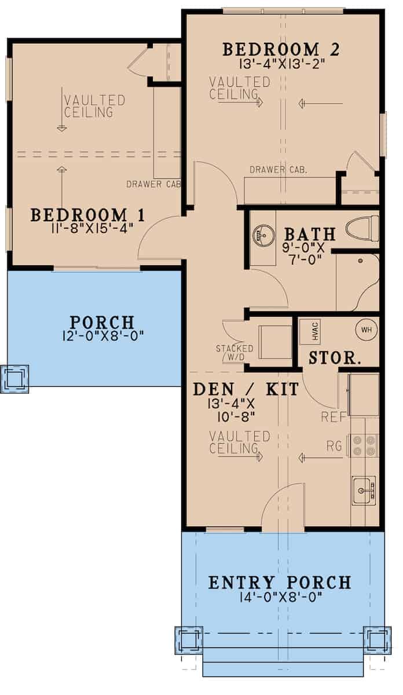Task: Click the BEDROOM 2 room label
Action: coord(281,49)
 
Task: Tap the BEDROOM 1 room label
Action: coord(87,215)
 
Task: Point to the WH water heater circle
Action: coord(366,329)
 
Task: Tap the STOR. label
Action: coord(335,357)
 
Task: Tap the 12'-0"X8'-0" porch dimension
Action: coord(102,335)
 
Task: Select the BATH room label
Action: coord(310,235)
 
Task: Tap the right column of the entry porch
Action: coord(377,639)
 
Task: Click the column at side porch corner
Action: coord(14,379)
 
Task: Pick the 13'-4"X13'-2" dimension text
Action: coord(281,64)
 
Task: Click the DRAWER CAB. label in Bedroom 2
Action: coord(278,170)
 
